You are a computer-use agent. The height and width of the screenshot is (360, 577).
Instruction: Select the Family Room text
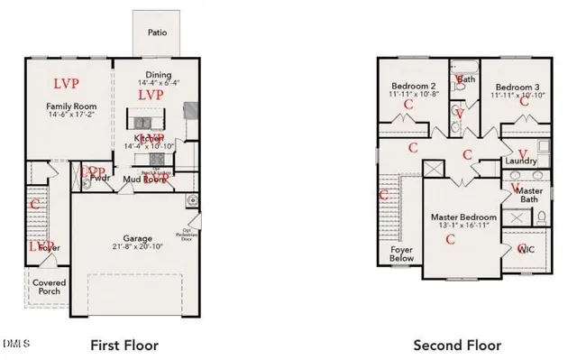pos(71,106)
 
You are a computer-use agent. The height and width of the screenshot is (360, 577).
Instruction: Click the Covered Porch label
pos(49,287)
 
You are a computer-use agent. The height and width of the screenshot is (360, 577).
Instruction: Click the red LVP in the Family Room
pos(66,84)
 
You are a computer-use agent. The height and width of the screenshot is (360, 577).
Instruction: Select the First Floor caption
pos(124,345)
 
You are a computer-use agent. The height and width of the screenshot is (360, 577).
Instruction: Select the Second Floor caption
pos(450,345)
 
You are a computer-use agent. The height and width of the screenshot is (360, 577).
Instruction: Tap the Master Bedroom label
pos(463,217)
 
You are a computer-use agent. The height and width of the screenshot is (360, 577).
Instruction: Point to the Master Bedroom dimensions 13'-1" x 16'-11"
pos(463,226)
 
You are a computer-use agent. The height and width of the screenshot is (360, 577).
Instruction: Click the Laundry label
pos(522,162)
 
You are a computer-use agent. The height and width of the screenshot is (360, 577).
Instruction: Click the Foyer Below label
pos(402,254)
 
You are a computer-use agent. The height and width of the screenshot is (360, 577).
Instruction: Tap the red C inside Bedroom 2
pos(408,104)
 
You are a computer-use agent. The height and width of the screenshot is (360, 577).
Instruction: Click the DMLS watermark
pos(15,344)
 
